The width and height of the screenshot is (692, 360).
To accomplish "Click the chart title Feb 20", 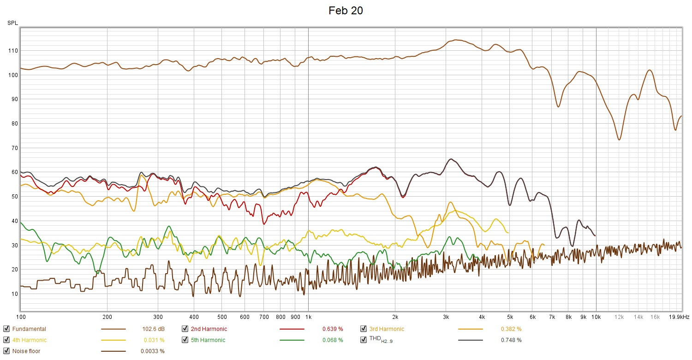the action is [x=346, y=11].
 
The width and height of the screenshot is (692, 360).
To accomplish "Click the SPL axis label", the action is [x=12, y=23].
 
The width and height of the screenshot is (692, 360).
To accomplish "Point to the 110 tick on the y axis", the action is [x=13, y=51].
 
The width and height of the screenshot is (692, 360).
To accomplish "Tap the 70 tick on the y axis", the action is [x=14, y=148].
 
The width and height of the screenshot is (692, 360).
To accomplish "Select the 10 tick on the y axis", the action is [x=14, y=294].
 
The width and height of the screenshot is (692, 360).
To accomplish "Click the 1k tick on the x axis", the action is [x=308, y=317].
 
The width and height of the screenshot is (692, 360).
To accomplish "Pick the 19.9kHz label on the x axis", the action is [x=679, y=317].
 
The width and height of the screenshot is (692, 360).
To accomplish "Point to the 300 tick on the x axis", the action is [x=158, y=317].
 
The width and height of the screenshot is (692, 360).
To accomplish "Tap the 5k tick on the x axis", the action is [x=510, y=317].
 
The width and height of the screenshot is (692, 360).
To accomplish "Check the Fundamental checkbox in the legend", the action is [x=6, y=329].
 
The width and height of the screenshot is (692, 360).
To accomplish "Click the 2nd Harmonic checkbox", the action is [x=185, y=329].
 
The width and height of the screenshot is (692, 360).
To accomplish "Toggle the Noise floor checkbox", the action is [x=6, y=351].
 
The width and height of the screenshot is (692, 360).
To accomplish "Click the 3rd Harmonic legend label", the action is [x=387, y=329].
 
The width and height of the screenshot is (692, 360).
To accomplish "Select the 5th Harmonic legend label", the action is [x=208, y=340].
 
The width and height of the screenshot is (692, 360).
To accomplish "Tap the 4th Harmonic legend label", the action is [x=30, y=340].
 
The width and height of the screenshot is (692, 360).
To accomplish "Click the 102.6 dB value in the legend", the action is [x=153, y=329].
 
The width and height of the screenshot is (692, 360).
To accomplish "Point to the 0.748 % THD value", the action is [x=511, y=340].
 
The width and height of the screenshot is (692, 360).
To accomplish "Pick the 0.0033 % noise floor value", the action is [x=152, y=351].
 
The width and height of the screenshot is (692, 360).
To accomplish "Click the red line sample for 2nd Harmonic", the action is [x=292, y=329].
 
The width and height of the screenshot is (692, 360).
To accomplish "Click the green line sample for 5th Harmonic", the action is [x=292, y=340].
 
